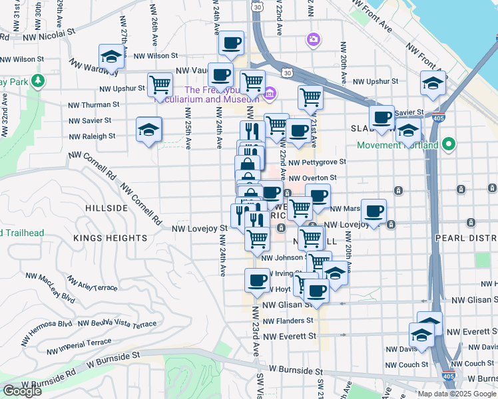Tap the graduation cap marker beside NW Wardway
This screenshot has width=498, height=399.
tap(111, 57)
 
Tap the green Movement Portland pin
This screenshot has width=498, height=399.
tap(449, 144)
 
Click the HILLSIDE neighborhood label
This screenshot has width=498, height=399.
tap(107, 208)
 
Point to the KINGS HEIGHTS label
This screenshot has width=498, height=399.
tap(111, 238)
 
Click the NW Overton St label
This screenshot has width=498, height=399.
tap(313, 178)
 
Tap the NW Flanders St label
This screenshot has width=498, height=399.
tap(288, 321)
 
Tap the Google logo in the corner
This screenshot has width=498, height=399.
tap(22, 391)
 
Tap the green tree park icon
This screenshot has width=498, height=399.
tap(39, 81)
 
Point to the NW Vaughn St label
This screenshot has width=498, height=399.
tap(192, 70)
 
